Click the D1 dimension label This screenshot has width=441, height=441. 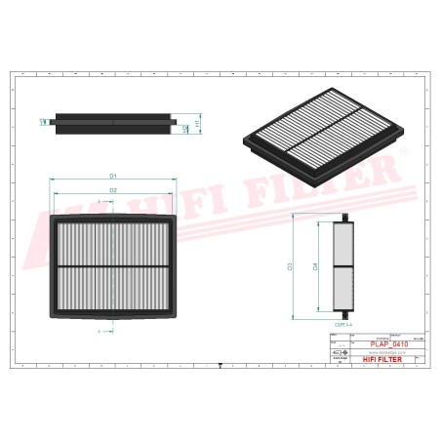point(113,176)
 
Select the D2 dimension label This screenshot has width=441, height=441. point(113,189)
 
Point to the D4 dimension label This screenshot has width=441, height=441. point(315,264)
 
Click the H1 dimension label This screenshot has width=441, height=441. point(198,124)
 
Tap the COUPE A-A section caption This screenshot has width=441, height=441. point(343,323)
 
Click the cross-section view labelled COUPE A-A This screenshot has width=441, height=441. point(342,264)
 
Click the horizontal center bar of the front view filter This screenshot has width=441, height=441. point(114,266)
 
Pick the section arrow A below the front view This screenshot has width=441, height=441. point(101,333)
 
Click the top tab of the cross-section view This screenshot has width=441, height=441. point(342,217)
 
